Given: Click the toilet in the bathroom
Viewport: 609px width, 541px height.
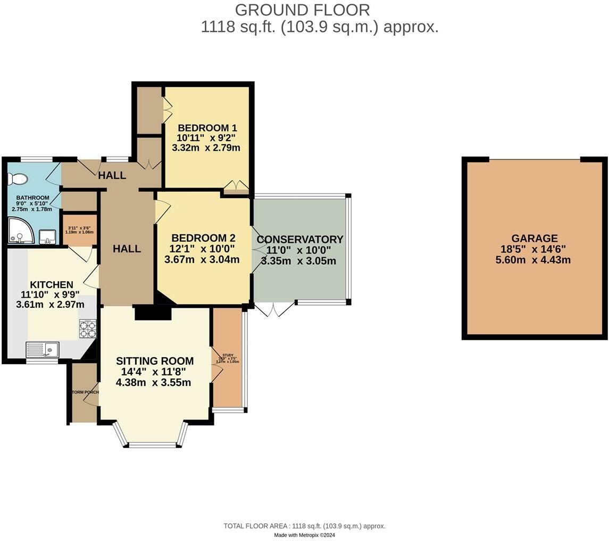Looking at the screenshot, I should pos(17,179).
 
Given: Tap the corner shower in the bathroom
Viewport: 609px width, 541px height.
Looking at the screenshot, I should pos(20,232).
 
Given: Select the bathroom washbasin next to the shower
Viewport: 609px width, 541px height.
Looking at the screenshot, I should pos(48,236).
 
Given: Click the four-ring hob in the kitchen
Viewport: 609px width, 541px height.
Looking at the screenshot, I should pos(88,329).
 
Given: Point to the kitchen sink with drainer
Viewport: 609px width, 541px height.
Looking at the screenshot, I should pos(43,350).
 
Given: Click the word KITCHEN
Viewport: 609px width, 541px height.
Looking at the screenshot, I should pos(51,285).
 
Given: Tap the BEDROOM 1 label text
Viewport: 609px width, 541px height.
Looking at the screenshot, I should pos(207,128).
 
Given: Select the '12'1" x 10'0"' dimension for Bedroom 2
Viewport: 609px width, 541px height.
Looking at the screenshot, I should pos(202,249).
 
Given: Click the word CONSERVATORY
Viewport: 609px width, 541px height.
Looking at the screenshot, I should pos(300,240).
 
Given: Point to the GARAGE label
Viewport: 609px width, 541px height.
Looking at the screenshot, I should pos(535,239).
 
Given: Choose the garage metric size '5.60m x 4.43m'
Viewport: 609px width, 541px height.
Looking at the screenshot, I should pos(535,260).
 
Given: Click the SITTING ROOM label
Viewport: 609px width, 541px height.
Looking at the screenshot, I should pos(155,361).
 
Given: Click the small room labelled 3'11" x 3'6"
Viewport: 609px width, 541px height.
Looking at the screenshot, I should pos(80,229).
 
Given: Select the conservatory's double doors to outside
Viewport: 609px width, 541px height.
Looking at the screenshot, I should pos(274,309).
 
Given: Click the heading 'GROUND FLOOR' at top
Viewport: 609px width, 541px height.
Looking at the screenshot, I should pos(302,10).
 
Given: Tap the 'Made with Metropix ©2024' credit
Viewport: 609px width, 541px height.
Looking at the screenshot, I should pos(304,535).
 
